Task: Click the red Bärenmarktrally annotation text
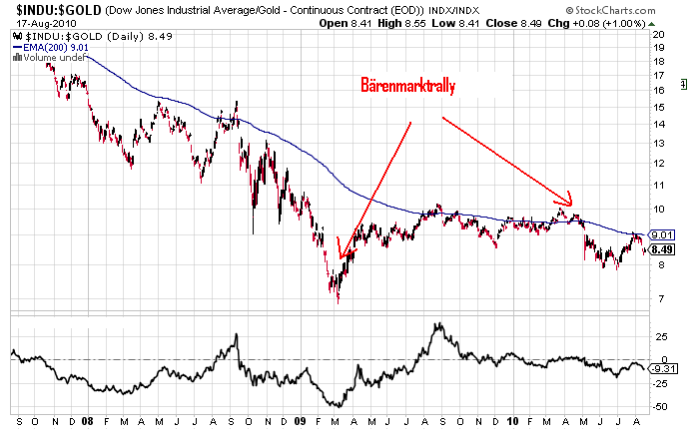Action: click(x=407, y=87)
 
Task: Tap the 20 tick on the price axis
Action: click(x=658, y=33)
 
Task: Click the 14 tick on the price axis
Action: click(x=658, y=125)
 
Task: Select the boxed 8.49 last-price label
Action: click(x=662, y=249)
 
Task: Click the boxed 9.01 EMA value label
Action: click(x=662, y=234)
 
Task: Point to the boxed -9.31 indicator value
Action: click(x=663, y=368)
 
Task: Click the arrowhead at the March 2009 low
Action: click(x=341, y=256)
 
